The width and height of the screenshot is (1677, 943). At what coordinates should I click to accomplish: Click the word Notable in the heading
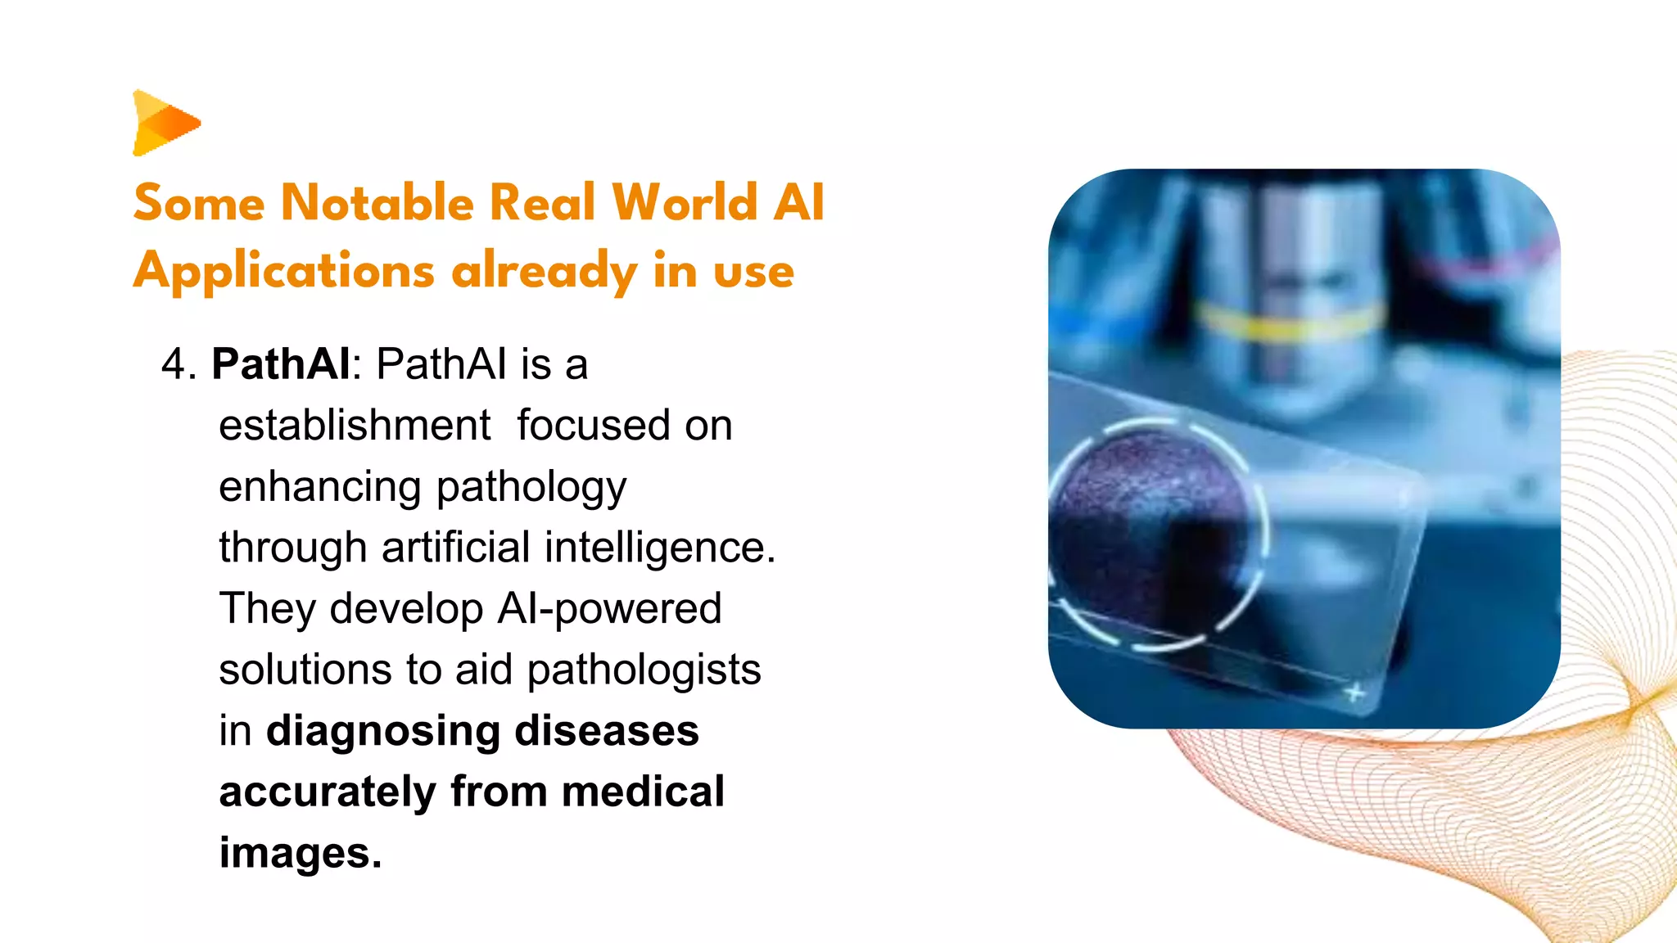(377, 202)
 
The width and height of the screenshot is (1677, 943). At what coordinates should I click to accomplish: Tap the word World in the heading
(685, 202)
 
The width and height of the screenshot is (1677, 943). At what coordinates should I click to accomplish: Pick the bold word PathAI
(281, 364)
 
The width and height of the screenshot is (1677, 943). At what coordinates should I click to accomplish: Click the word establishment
(355, 426)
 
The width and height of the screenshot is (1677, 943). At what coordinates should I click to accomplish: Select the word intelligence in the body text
(660, 547)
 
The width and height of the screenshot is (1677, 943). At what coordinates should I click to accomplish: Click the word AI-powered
(609, 608)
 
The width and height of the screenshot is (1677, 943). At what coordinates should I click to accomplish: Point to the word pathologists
(644, 670)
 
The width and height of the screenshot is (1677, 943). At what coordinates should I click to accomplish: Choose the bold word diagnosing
(383, 730)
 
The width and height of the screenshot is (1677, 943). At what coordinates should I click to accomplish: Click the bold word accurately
(328, 792)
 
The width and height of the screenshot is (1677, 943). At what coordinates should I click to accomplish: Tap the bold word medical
(643, 792)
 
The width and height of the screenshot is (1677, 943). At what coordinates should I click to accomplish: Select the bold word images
(300, 853)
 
